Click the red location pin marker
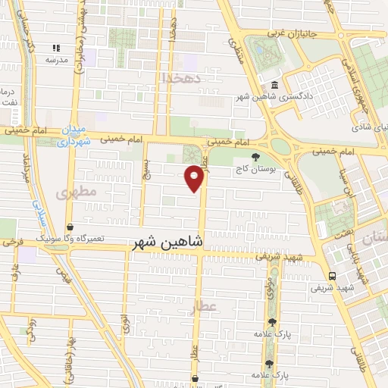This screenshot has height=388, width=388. [194, 177]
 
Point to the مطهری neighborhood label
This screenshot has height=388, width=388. [76, 192]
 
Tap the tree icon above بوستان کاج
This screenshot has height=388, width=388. [255, 158]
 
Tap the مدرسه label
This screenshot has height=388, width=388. [57, 60]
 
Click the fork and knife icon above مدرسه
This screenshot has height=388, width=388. [56, 48]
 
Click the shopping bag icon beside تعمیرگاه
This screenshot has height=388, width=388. [70, 226]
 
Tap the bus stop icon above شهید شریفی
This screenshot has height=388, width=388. [333, 275]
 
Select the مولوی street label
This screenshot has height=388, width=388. [271, 287]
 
